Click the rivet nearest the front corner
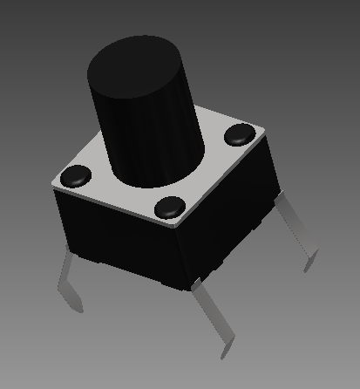pos(170,208)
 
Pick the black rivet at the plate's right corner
pos(238,135)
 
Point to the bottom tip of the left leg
pos(78,308)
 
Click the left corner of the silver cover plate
pos(53,184)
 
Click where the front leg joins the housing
pos(199,283)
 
